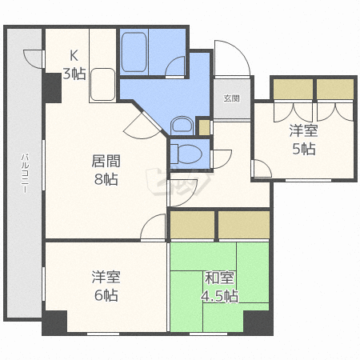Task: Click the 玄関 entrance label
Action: pos(231,98)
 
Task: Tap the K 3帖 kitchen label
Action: pos(74,65)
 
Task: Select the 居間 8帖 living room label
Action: pos(106,170)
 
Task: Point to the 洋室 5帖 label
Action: pos(304,139)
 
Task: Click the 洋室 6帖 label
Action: pos(106,286)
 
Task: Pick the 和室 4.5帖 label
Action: pos(219,286)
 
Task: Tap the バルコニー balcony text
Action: pos(25,173)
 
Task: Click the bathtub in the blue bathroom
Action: pos(134,52)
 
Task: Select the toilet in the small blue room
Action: pos(186,154)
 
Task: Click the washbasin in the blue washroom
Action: pos(182,126)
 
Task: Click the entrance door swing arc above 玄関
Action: pos(232,58)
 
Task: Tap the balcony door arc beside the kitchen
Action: pos(33,59)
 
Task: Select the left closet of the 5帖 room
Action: pos(293,90)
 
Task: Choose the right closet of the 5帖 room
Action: pos(335,90)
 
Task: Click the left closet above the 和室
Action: pos(192,225)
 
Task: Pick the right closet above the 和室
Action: pos(244,225)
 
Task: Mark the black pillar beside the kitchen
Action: pos(52,88)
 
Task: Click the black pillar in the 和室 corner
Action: pos(258,322)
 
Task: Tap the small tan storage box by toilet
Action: pos(205,128)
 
